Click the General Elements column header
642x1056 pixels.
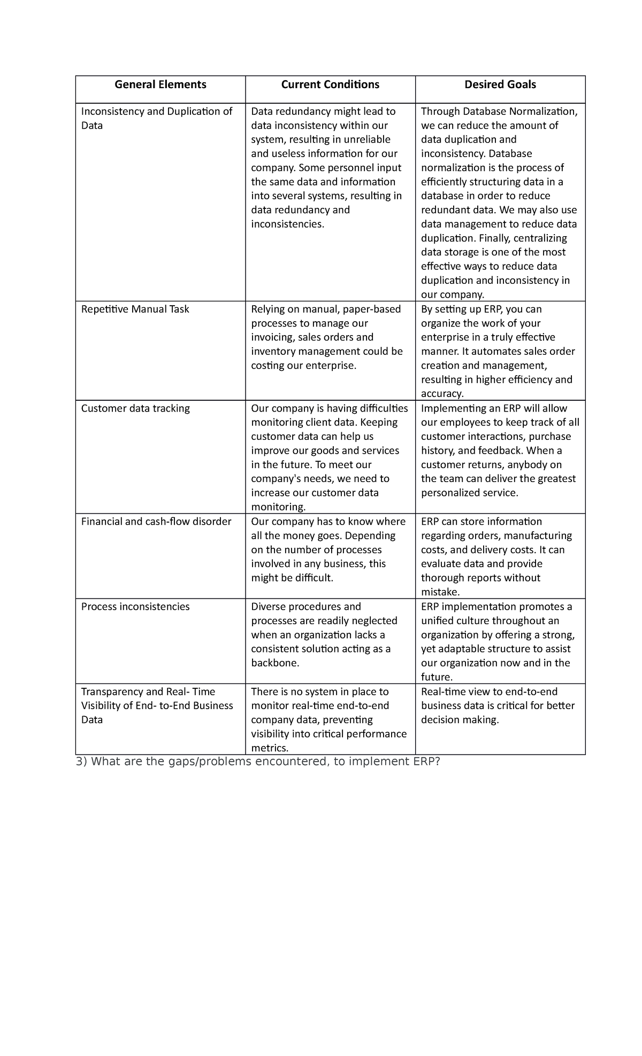[160, 84]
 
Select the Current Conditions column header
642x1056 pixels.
[330, 84]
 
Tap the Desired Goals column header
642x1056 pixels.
[500, 84]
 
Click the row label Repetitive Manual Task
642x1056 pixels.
[135, 309]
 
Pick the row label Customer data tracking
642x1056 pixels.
[135, 408]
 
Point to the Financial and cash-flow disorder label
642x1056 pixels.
[156, 522]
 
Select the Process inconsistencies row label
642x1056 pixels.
[135, 607]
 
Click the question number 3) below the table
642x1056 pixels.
[81, 762]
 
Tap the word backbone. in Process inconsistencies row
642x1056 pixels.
[275, 663]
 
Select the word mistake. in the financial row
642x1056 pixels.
[440, 592]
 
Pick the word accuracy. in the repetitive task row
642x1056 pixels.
[442, 394]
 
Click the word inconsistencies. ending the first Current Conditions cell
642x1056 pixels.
[287, 224]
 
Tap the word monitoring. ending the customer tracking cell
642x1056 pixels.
[278, 507]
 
